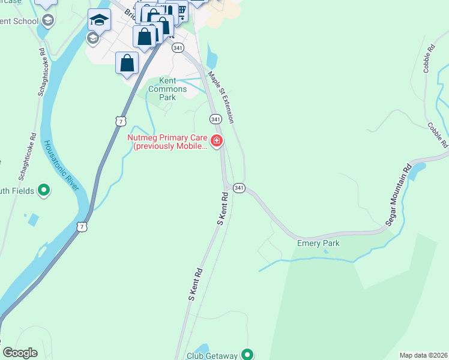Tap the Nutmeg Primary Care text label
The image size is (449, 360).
167,142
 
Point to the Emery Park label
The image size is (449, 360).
318,243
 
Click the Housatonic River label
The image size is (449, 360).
62,165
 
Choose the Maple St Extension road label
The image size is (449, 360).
220,98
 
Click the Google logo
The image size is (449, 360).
20,353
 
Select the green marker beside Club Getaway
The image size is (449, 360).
246,355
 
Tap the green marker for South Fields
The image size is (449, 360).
43,191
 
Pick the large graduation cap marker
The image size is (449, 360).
99,20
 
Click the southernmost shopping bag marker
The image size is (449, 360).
127,63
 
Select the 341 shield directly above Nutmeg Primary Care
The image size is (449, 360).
215,119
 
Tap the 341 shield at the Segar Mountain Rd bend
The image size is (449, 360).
239,188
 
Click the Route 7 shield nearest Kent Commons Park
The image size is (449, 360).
121,122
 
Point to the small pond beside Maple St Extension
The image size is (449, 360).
211,58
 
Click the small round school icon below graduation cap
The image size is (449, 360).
92,39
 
